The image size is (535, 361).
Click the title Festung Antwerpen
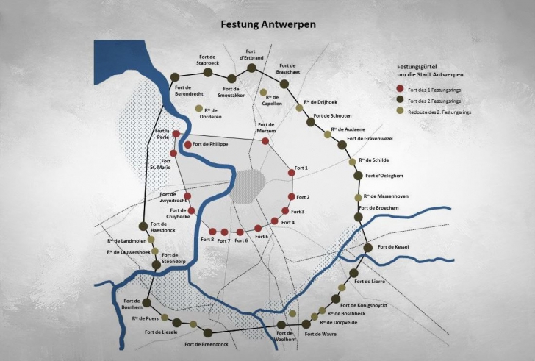(268, 24)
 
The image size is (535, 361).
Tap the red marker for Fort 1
(292, 174)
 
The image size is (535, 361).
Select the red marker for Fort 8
(212, 232)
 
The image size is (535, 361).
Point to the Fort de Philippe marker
(188, 145)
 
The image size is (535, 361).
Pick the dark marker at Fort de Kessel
(368, 248)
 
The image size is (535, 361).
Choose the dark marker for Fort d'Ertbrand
(251, 68)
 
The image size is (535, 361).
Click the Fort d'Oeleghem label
(384, 176)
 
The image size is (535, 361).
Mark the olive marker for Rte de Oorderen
(198, 109)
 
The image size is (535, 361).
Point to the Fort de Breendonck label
(204, 344)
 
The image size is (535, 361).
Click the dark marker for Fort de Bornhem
(146, 301)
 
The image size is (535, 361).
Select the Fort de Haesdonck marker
(144, 226)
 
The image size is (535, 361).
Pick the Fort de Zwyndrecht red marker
(188, 196)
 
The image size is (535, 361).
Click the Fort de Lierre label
(367, 282)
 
